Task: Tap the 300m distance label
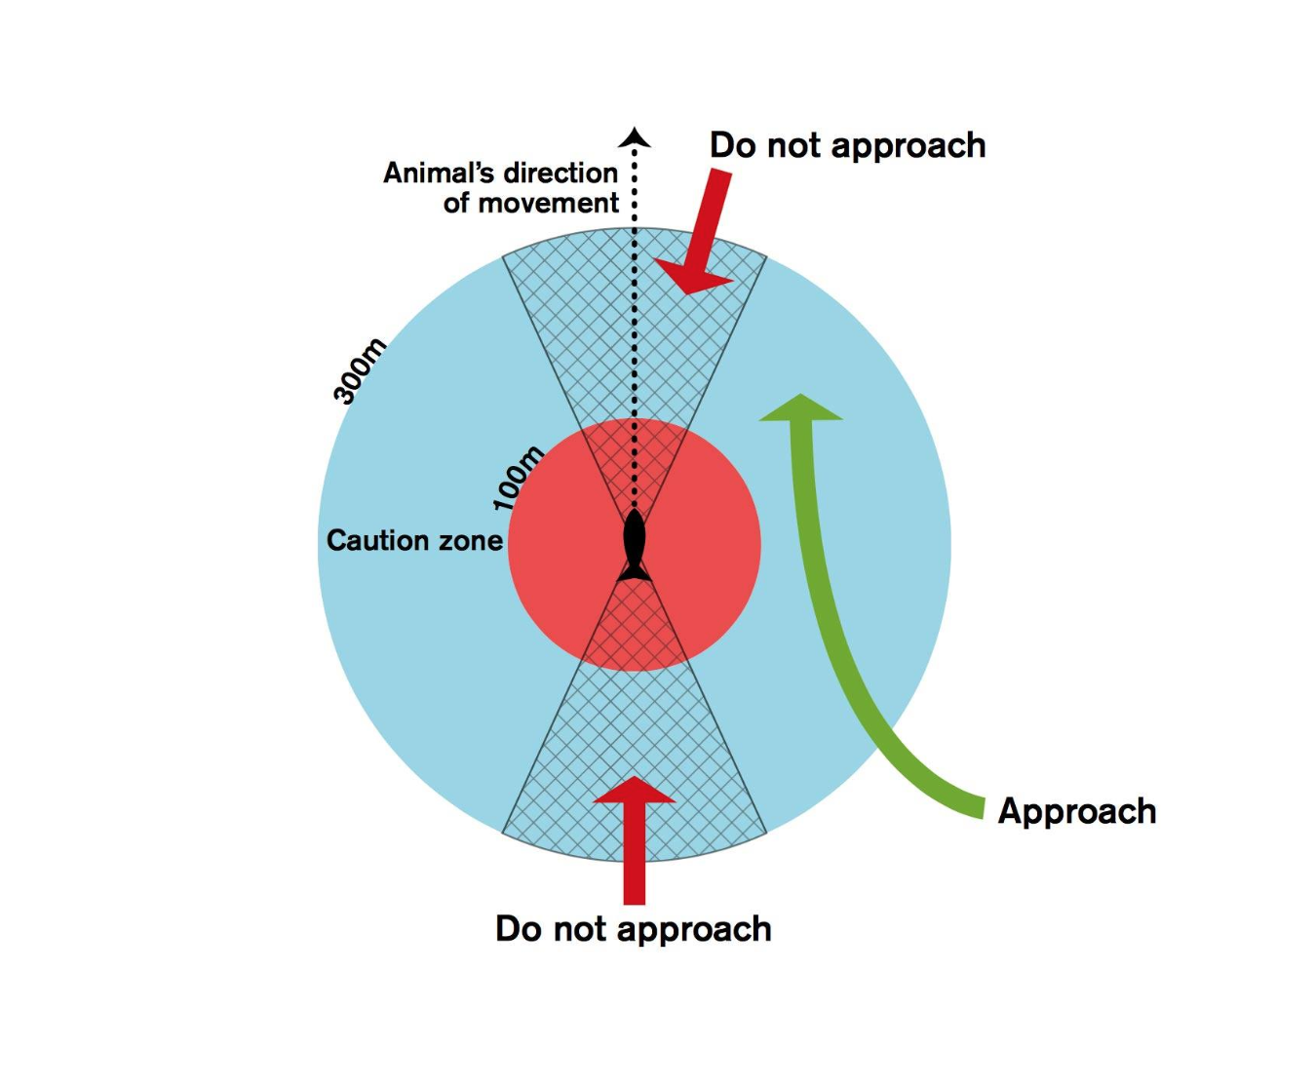[x=360, y=370]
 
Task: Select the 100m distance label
[x=518, y=479]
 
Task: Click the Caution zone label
[x=414, y=540]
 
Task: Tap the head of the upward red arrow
[x=635, y=789]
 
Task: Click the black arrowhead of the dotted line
[x=635, y=137]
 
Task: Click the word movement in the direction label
[x=549, y=203]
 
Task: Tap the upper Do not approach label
[x=848, y=146]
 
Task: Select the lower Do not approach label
[x=633, y=929]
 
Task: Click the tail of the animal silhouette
[x=635, y=571]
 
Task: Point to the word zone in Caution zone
[x=471, y=541]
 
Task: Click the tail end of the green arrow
[x=983, y=807]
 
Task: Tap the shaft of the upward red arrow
[x=635, y=853]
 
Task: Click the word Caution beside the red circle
[x=378, y=541]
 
